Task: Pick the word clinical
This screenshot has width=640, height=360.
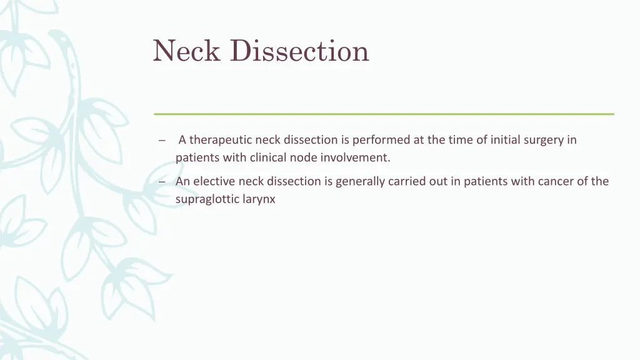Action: click(x=268, y=157)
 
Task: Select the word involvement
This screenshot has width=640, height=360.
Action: click(x=356, y=157)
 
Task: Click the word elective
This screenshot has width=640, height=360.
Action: click(x=212, y=181)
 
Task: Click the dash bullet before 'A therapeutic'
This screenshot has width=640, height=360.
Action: click(x=161, y=141)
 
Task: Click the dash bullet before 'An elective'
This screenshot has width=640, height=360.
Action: click(x=161, y=182)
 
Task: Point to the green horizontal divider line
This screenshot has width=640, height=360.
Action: click(x=384, y=114)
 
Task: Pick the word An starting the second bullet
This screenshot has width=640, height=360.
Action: click(x=182, y=181)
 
